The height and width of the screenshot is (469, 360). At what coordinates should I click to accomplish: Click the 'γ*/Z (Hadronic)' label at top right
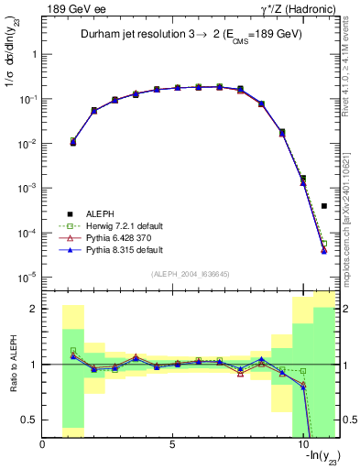tap(298, 8)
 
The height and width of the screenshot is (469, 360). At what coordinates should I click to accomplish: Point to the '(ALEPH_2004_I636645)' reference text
tap(191, 275)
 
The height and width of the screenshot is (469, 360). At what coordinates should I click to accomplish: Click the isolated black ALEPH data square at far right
tap(324, 206)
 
